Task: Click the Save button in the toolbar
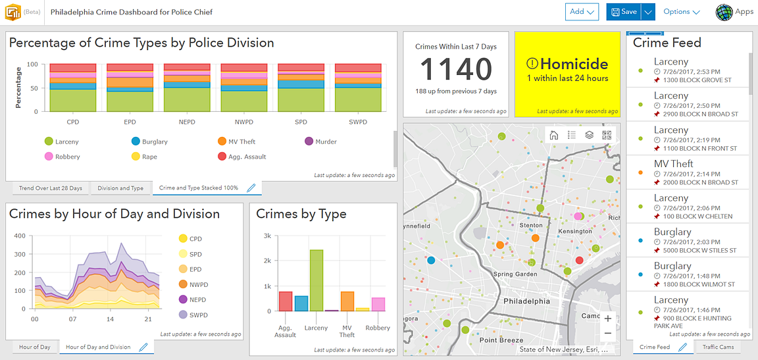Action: click(623, 12)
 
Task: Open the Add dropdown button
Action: click(582, 12)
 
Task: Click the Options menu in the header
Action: click(681, 12)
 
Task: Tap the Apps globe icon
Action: click(724, 12)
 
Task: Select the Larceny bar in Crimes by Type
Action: click(316, 280)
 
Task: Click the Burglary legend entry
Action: click(149, 141)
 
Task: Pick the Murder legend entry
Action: click(320, 141)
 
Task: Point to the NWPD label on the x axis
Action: click(243, 122)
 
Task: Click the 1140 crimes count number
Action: click(456, 69)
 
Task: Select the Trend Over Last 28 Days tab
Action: click(51, 188)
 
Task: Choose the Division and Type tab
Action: click(120, 188)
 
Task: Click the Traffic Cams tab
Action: click(717, 347)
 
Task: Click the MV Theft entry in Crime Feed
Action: click(674, 164)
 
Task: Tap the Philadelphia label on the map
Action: click(526, 301)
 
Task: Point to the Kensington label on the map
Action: click(574, 232)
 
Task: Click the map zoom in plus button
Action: click(608, 319)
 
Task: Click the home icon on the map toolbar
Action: click(554, 135)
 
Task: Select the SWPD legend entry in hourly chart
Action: click(197, 315)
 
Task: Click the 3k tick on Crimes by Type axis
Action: click(266, 236)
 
